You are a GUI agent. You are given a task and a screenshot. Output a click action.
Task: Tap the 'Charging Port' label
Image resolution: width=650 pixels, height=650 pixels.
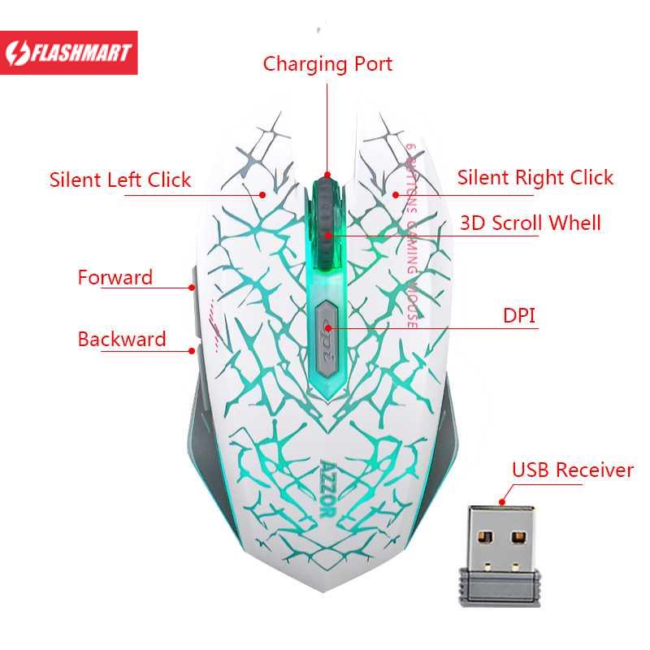[x=327, y=64]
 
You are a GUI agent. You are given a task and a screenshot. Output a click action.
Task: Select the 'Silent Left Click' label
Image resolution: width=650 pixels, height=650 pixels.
[x=120, y=180]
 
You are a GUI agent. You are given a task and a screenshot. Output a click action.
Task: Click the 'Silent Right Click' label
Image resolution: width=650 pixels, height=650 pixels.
[x=535, y=178]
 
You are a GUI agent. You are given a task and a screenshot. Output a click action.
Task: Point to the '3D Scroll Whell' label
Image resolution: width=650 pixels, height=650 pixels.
[x=530, y=223]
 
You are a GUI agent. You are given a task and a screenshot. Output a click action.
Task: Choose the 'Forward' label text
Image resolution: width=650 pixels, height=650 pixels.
[x=115, y=277]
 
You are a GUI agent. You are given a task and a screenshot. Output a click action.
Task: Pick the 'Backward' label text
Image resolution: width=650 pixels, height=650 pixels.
[x=122, y=339]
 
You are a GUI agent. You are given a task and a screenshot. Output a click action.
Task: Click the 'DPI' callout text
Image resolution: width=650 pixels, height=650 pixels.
[x=520, y=315]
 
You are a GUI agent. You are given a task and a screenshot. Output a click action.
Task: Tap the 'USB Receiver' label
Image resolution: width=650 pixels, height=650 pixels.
[x=572, y=470]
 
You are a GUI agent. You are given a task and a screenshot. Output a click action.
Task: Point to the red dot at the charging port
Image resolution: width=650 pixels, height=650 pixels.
[x=327, y=175]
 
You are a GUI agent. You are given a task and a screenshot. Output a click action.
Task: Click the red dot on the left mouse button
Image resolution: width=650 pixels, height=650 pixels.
[x=263, y=194]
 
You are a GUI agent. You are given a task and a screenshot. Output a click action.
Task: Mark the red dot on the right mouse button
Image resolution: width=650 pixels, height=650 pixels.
[x=396, y=194]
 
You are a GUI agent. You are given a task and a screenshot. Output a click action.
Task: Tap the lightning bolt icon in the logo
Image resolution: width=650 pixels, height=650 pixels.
[x=17, y=54]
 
